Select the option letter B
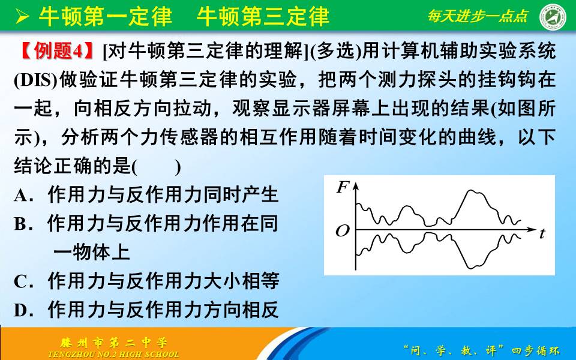[x=22, y=224]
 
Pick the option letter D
[x=22, y=310]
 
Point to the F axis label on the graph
[x=343, y=188]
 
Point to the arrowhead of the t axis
[x=532, y=229]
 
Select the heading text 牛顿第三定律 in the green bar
[x=263, y=16]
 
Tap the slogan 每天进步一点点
[x=478, y=16]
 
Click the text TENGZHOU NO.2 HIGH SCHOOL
[x=113, y=354]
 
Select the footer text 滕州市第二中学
[x=114, y=343]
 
